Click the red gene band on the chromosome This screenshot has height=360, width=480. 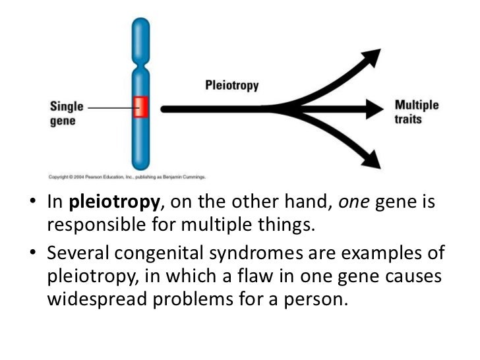pyautogui.click(x=140, y=106)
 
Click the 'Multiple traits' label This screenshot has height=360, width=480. pyautogui.click(x=416, y=111)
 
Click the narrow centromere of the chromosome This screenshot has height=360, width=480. pyautogui.click(x=141, y=63)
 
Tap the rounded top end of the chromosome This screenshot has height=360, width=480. pyautogui.click(x=141, y=24)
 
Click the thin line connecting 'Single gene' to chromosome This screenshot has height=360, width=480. pyautogui.click(x=109, y=106)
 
